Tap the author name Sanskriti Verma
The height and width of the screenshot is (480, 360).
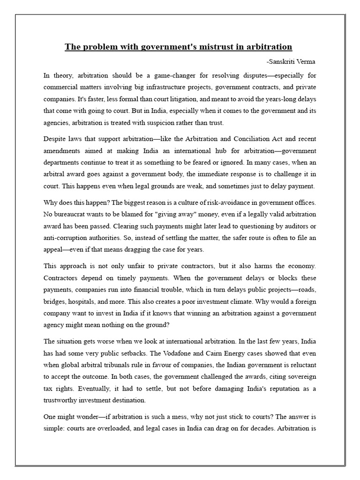tap(291, 61)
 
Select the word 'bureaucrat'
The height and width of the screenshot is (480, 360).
tap(74, 214)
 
